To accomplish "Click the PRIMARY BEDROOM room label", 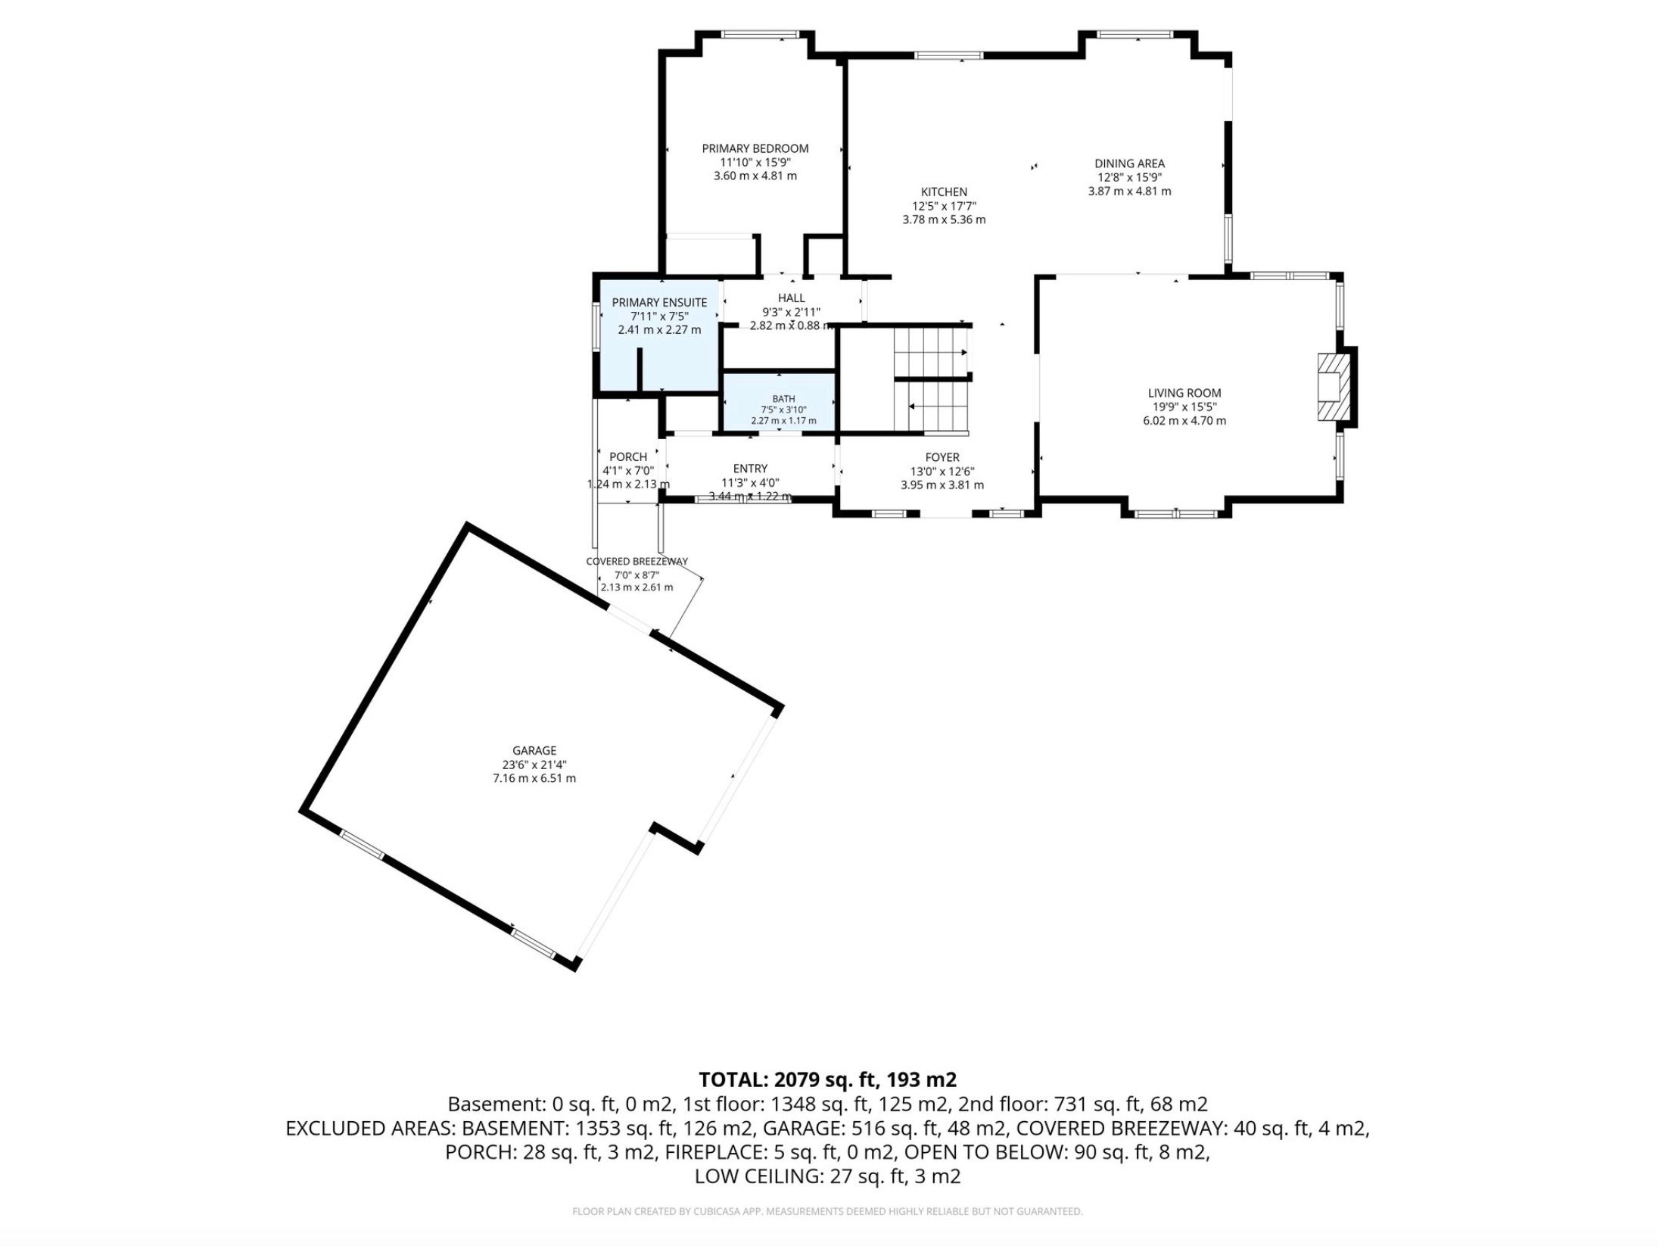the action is click(755, 148).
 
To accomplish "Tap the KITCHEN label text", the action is click(944, 192).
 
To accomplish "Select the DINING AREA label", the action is click(1129, 164).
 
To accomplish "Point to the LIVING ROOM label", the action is click(1184, 393).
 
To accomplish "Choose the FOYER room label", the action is click(942, 457).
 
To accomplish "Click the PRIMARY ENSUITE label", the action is click(659, 303).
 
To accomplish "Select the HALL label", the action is click(792, 298).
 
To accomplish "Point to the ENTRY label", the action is click(750, 469).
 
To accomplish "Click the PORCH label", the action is click(628, 457).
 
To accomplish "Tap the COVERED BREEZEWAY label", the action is click(637, 562).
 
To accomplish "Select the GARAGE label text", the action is click(534, 751).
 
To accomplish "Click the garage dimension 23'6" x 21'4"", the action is click(534, 765).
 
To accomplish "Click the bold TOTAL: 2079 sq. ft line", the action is click(828, 1079).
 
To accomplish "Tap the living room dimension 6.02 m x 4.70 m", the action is click(1184, 421).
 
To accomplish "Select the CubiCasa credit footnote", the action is click(828, 1212).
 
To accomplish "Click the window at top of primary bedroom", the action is click(760, 34).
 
